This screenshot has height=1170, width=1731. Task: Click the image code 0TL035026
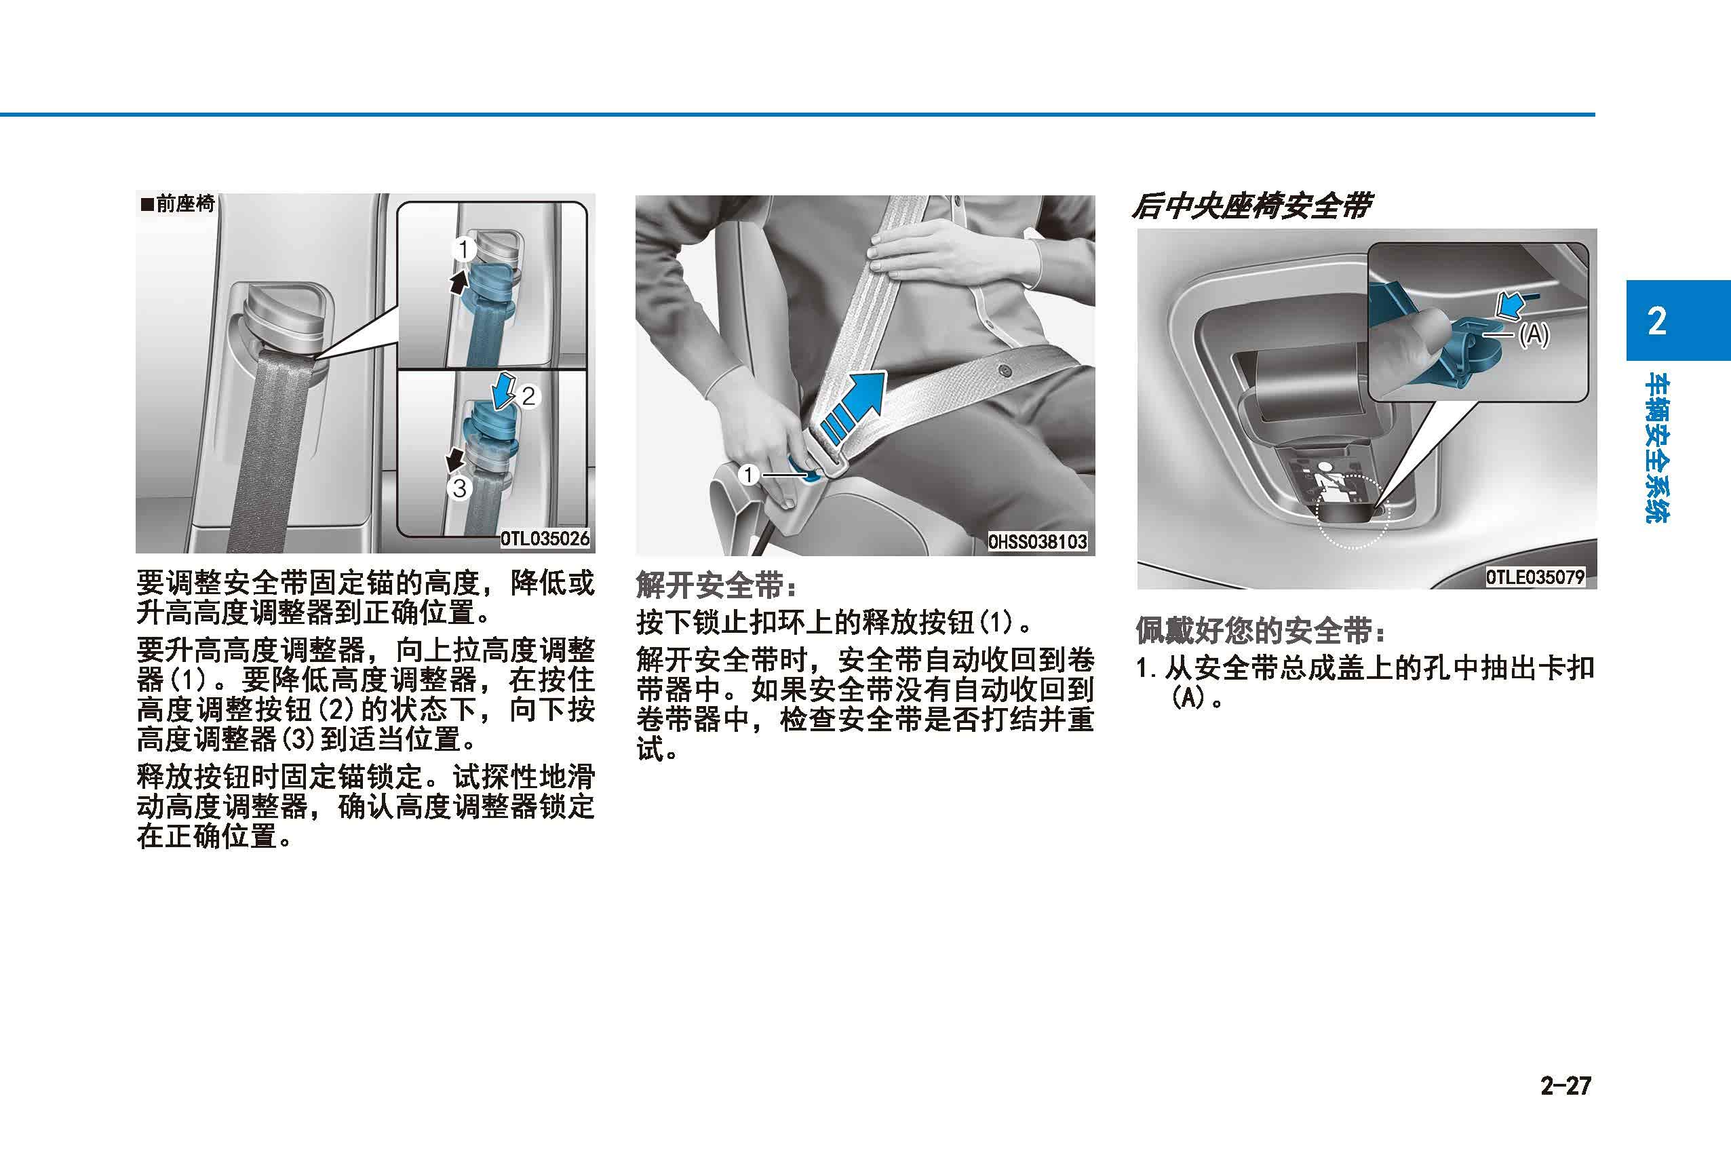click(545, 538)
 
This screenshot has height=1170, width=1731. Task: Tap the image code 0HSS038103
click(1038, 541)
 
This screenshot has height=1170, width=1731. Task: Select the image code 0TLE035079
click(1535, 577)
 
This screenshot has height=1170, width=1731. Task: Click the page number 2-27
click(1565, 1086)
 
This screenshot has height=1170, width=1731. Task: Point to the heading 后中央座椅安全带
click(1251, 206)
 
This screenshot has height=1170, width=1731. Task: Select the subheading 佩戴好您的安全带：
click(1261, 631)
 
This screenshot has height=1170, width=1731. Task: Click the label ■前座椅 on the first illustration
click(177, 203)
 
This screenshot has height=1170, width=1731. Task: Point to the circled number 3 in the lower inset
click(460, 488)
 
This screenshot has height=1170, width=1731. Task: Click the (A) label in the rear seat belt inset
click(1533, 335)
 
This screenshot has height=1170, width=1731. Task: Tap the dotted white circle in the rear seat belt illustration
click(1353, 512)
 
